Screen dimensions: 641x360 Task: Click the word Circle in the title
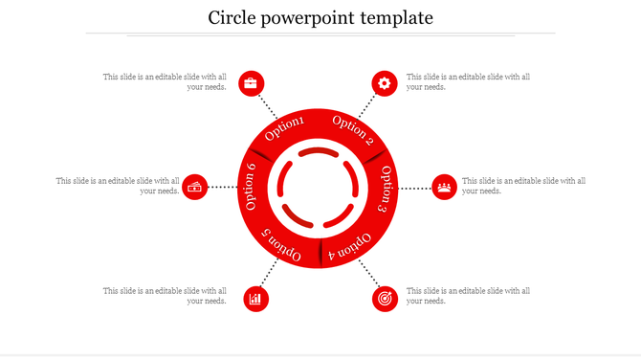click(x=234, y=17)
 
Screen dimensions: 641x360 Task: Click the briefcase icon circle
click(x=252, y=83)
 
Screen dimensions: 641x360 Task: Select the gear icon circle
click(x=385, y=83)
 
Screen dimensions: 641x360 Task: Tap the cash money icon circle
click(x=196, y=187)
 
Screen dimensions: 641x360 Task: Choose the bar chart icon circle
click(x=255, y=299)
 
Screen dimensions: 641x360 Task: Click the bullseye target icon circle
click(x=385, y=299)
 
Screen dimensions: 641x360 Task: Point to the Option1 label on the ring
click(x=284, y=128)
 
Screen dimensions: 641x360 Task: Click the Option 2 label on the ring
click(x=353, y=128)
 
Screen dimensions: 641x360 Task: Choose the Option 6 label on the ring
click(x=251, y=187)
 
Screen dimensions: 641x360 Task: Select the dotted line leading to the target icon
click(x=367, y=272)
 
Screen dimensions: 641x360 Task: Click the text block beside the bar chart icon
click(x=166, y=296)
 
